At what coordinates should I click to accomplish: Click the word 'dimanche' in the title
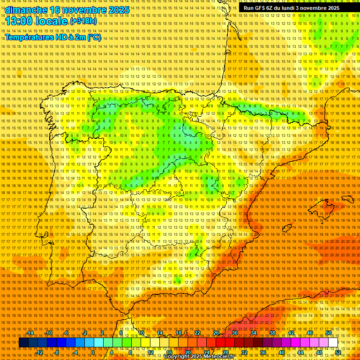(25, 10)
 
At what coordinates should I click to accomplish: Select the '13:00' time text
(22, 21)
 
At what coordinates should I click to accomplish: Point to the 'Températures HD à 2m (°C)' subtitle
(53, 37)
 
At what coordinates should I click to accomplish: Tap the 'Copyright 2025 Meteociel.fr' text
(199, 357)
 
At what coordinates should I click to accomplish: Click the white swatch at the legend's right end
(333, 343)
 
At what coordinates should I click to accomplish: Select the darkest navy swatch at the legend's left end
(23, 343)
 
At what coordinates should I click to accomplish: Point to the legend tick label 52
(337, 352)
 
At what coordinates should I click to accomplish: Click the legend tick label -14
(30, 333)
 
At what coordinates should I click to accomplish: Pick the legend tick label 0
(93, 352)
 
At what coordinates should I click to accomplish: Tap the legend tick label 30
(234, 333)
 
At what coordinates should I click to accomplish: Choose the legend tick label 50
(328, 333)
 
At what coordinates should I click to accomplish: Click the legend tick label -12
(39, 352)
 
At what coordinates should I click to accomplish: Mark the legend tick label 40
(281, 352)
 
